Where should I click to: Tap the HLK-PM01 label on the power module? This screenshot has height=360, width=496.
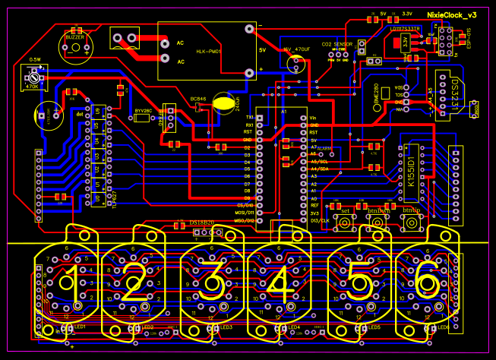point(207,51)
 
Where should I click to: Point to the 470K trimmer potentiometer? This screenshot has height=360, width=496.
point(32,77)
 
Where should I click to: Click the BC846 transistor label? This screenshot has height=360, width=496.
point(199,99)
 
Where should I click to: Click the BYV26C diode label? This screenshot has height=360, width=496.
point(144,111)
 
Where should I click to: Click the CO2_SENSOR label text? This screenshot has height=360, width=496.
point(337,44)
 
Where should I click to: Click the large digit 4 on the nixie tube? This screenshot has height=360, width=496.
point(280,286)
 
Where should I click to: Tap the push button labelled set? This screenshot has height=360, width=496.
point(345,223)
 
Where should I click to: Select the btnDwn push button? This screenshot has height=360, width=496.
point(378,223)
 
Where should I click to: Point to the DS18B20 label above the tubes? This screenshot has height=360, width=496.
point(202,223)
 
